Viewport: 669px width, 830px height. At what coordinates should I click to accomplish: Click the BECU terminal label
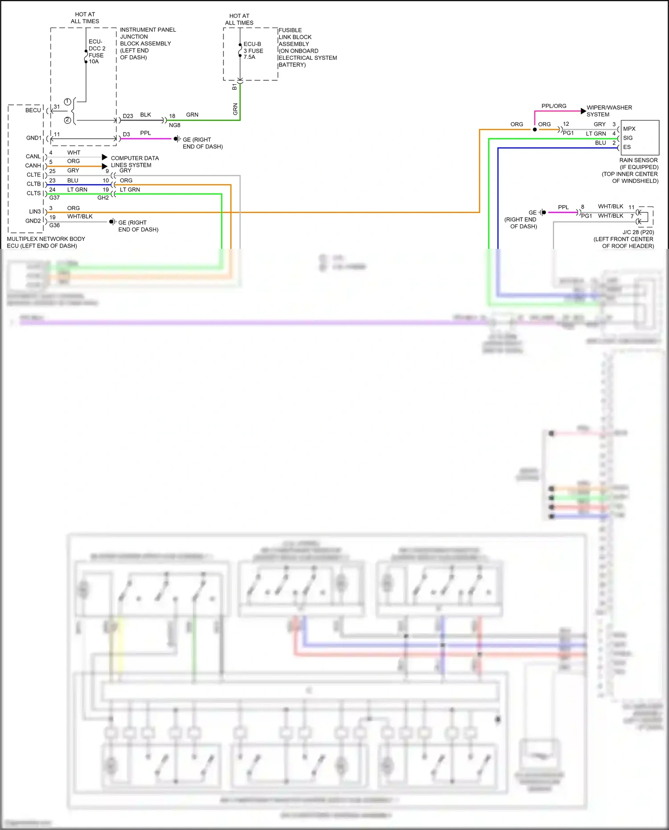33,110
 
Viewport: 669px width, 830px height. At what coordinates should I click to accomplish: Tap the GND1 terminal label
33,138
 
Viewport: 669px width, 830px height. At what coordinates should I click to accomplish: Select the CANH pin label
33,165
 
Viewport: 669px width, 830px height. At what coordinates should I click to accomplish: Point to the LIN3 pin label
35,211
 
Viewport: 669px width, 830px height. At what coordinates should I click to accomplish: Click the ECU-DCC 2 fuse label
97,51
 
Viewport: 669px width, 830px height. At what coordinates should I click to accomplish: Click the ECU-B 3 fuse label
253,50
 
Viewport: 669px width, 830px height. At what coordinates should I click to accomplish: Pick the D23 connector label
128,116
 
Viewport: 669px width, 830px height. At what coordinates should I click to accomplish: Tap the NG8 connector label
174,125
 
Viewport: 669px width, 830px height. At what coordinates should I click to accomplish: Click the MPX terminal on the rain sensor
629,129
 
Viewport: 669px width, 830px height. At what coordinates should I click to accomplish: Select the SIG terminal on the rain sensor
628,138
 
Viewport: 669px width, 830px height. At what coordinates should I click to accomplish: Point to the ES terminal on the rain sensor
627,147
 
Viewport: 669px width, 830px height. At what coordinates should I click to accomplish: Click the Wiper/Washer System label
609,111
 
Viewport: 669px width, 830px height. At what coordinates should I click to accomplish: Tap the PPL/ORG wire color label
553,106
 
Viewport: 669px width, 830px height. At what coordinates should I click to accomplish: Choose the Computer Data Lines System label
134,161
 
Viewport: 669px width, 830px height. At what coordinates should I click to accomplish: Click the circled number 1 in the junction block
67,102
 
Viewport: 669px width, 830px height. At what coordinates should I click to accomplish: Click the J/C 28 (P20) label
638,232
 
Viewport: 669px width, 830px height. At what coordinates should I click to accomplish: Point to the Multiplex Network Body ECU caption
45,242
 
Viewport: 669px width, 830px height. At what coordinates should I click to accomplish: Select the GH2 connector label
103,198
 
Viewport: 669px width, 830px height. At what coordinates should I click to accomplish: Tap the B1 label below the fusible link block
234,87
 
